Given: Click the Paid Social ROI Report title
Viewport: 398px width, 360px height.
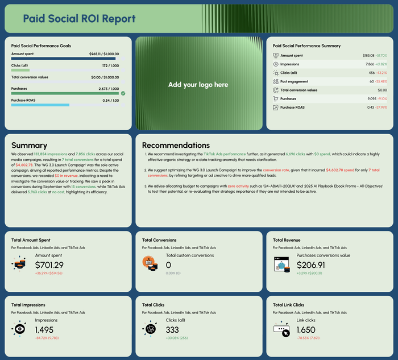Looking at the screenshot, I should (x=79, y=19).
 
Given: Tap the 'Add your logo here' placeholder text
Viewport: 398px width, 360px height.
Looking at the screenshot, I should (x=198, y=85).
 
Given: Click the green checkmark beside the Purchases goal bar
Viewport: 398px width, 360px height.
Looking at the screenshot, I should (x=123, y=93).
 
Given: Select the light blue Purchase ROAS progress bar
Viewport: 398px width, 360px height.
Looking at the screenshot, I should (x=40, y=105).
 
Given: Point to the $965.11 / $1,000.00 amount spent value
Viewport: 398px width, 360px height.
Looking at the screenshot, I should (x=104, y=53).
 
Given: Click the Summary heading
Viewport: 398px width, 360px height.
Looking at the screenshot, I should (x=29, y=146).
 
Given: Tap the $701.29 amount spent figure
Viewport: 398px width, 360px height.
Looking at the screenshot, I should (x=49, y=264).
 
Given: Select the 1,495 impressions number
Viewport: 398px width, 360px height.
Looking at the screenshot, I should (x=44, y=329).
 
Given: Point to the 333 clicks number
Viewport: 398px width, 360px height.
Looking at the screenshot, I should (x=172, y=329).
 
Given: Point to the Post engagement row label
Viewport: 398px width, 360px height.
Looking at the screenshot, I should (x=295, y=81).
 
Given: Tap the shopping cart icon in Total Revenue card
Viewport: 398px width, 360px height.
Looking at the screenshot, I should (x=281, y=264).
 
